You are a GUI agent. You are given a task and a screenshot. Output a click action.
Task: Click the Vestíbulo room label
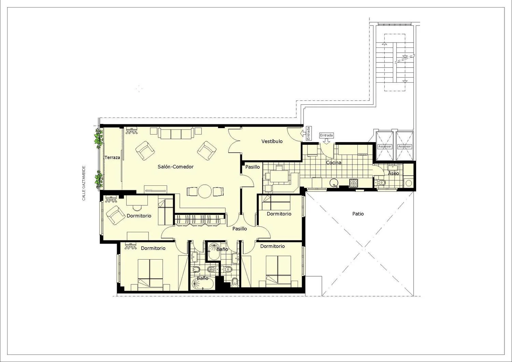(x=272, y=141)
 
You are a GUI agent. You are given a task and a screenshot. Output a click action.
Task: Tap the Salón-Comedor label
(x=175, y=167)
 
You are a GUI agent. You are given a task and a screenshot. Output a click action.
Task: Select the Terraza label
(x=112, y=157)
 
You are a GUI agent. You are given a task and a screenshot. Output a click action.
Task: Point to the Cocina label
(x=333, y=163)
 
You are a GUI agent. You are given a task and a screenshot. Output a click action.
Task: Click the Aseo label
(x=393, y=173)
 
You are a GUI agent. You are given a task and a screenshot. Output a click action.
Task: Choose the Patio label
(x=358, y=214)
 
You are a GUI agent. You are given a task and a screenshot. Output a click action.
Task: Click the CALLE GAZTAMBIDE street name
(x=84, y=183)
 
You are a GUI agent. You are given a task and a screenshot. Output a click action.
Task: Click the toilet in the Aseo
(x=381, y=183)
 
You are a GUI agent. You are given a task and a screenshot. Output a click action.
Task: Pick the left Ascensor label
(x=385, y=147)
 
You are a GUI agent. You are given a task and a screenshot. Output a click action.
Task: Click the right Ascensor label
(x=404, y=147)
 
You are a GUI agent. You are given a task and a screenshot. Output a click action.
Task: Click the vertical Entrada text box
(x=308, y=134)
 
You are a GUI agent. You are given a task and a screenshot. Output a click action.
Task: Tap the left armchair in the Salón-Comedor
(x=145, y=151)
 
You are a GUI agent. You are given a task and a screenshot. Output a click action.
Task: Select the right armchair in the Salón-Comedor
(x=207, y=151)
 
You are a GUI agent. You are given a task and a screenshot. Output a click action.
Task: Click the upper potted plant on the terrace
(x=99, y=138)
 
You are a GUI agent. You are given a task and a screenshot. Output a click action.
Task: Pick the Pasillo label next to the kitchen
(x=253, y=167)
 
